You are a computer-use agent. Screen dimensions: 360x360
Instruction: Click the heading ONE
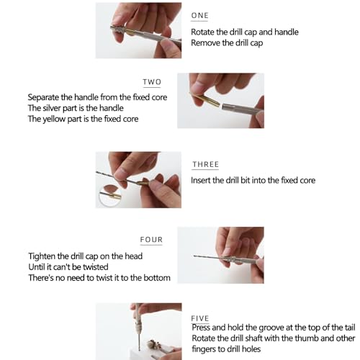[199, 15]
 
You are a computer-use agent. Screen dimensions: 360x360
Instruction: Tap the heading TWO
[152, 82]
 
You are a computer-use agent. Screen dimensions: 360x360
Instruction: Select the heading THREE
[205, 164]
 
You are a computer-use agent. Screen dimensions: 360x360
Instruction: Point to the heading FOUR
[151, 240]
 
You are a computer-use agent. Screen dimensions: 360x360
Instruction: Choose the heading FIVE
[200, 318]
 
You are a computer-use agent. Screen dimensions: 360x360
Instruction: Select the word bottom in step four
[157, 278]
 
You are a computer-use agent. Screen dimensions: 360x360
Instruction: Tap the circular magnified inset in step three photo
[110, 196]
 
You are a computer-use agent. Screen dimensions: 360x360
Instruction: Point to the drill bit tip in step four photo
[194, 256]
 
